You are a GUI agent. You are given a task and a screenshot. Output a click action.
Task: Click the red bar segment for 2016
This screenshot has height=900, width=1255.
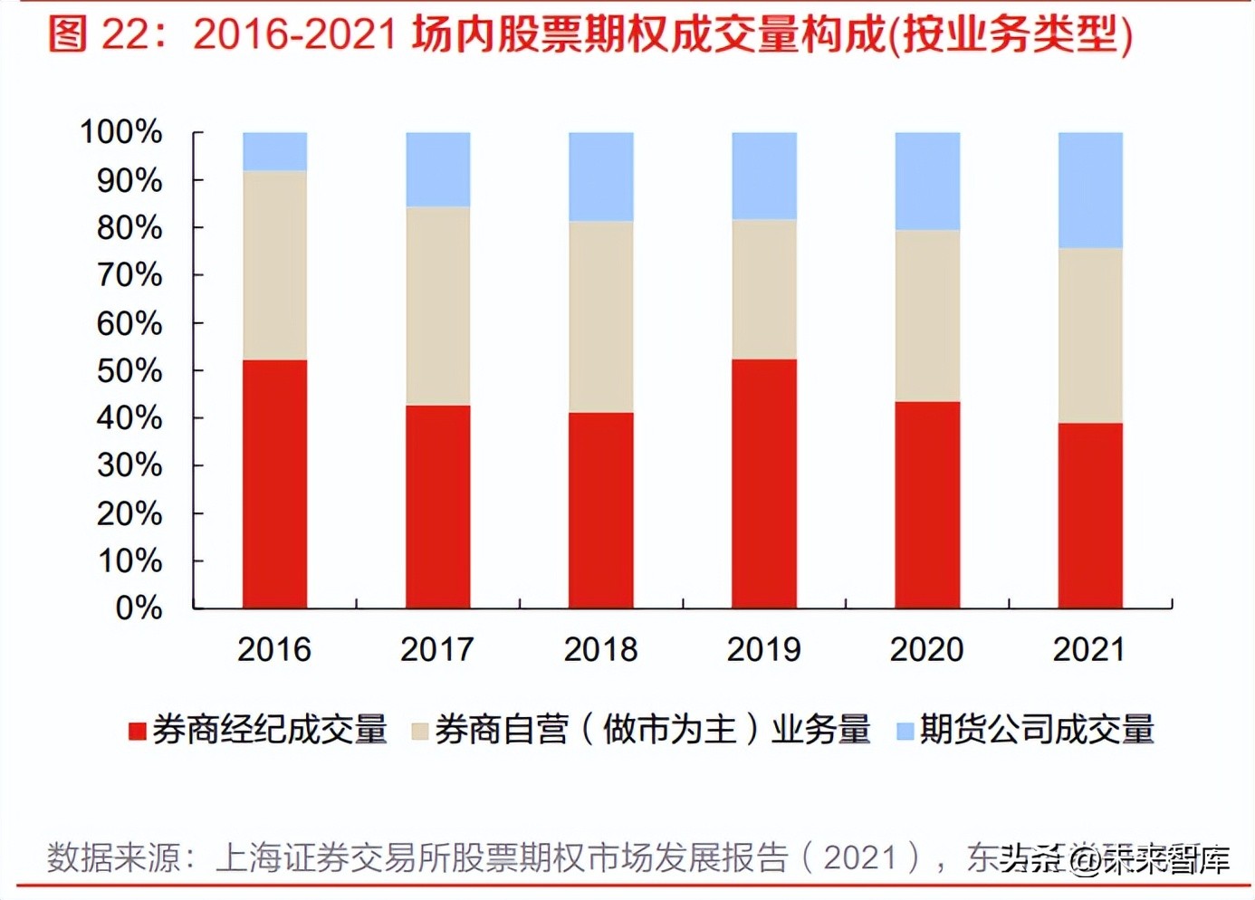[x=274, y=484]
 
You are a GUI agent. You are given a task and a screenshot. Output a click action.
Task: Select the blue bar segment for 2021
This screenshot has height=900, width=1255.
[x=1090, y=190]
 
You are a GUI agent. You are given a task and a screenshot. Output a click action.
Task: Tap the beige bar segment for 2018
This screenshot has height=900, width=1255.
[x=601, y=317]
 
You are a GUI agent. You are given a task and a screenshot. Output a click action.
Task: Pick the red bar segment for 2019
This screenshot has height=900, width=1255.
[x=764, y=484]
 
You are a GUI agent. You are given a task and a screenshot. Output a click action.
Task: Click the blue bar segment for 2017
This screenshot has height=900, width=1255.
[x=438, y=169]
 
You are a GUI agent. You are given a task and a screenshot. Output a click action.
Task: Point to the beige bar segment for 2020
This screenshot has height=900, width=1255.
[x=927, y=316]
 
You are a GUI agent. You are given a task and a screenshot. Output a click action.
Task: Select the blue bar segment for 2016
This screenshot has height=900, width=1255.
[x=274, y=151]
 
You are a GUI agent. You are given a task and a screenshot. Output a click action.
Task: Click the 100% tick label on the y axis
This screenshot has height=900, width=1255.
[x=121, y=132]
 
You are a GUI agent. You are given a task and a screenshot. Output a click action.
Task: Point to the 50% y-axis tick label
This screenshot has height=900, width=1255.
[x=129, y=370]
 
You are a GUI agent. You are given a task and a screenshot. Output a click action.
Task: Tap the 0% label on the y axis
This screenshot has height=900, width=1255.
[x=139, y=608]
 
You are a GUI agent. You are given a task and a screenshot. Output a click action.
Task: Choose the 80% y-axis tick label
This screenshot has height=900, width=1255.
[x=129, y=227]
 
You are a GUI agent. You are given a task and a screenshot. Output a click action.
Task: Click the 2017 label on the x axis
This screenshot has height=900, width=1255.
[x=437, y=649]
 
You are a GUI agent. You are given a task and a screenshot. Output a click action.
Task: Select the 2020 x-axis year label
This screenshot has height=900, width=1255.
[x=926, y=649]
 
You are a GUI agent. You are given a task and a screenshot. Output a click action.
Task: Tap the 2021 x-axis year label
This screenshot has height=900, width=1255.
[x=1089, y=649]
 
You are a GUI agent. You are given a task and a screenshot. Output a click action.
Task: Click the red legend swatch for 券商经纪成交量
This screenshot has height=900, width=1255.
[x=138, y=731]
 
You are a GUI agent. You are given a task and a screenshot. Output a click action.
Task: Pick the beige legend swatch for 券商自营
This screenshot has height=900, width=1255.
[x=419, y=731]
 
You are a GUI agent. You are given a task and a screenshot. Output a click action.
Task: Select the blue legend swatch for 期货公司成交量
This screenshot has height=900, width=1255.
[x=904, y=731]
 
